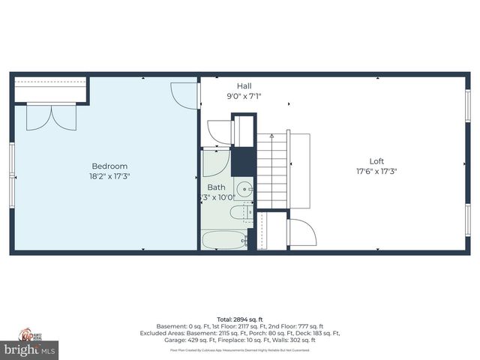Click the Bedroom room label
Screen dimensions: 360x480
point(109,166)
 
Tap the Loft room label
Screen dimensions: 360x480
point(376,160)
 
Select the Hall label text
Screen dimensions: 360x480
point(244,85)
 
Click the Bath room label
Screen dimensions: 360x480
point(216,187)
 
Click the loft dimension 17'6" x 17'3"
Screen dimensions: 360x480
point(376,170)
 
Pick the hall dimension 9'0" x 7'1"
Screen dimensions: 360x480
point(244,95)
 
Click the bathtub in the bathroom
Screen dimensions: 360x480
point(223,241)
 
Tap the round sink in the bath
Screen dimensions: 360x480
point(244,187)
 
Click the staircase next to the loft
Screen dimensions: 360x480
point(272,171)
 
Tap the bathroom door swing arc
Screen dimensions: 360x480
point(214,163)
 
